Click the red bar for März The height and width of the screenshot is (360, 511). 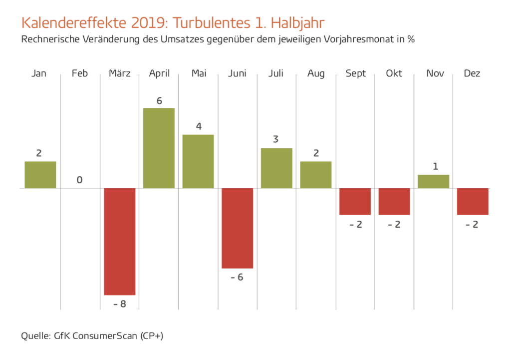120,241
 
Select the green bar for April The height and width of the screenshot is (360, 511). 159,148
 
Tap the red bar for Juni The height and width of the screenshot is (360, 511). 238,228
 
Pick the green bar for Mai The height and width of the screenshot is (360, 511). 198,161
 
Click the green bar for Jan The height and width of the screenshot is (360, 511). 40,175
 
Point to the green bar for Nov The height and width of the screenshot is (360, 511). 433,181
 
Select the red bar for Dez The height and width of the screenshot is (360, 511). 473,201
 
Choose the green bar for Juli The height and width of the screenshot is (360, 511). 276,168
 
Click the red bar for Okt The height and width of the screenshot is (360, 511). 394,201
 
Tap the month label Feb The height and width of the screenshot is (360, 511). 79,74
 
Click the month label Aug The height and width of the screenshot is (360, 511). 316,74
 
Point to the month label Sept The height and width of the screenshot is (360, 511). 355,74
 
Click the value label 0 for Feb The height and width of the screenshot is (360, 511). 79,180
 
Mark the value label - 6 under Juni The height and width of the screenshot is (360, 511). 237,277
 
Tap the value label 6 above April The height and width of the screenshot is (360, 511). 159,100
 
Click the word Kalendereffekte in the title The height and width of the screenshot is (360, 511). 74,23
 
